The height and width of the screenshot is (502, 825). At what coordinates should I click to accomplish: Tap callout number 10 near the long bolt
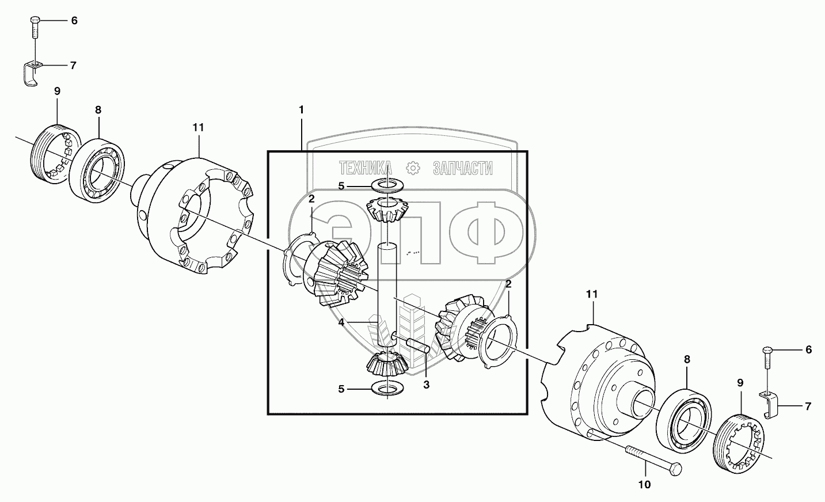click(644, 485)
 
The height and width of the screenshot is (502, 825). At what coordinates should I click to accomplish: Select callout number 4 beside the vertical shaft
click(341, 322)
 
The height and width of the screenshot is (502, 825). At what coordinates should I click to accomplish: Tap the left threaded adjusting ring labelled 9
click(52, 154)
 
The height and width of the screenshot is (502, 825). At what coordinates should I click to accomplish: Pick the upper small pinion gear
click(386, 210)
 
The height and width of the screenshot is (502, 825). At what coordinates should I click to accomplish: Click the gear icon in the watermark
click(413, 168)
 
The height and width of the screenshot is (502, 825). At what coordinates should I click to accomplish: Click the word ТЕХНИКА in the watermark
click(366, 168)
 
